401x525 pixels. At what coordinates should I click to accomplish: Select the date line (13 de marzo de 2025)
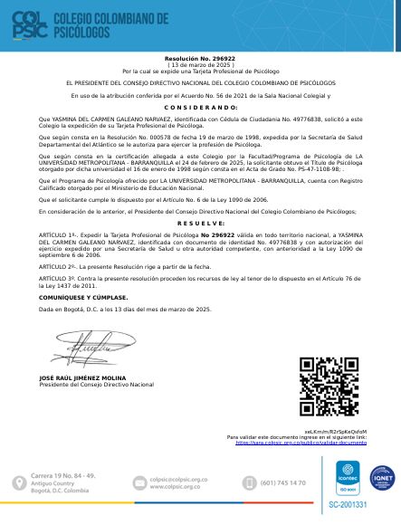pyautogui.click(x=200, y=65)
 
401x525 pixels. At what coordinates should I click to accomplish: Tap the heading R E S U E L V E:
pyautogui.click(x=200, y=223)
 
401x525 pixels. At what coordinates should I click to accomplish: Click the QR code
pyautogui.click(x=332, y=389)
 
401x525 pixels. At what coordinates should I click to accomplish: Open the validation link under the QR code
pyautogui.click(x=301, y=444)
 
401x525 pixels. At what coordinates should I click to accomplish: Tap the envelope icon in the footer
pyautogui.click(x=139, y=482)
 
